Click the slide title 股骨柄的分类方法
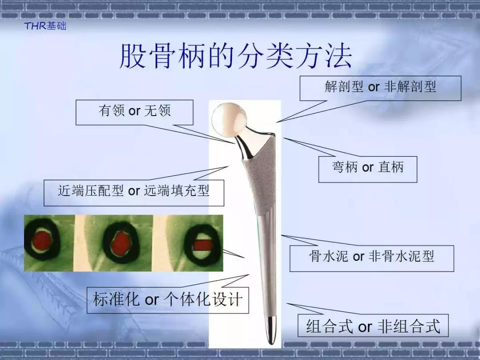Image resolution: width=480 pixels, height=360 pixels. coord(236,56)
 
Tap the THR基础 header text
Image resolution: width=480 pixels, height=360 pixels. coord(45,26)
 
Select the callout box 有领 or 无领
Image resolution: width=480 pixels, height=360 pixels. coord(134,112)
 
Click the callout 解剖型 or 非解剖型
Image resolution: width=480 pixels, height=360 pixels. coord(380,88)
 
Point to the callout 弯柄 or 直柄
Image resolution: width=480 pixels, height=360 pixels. coord(368,169)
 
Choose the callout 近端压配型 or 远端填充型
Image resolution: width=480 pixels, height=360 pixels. coord(134,192)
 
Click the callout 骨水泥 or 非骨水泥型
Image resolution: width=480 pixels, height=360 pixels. coord(372,258)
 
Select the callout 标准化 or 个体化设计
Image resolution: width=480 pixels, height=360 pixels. coord(168,300)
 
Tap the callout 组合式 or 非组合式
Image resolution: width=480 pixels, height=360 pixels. coord(373,325)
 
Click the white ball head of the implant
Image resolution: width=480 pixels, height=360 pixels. coord(229,120)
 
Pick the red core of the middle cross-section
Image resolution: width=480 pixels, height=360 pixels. coord(120,243)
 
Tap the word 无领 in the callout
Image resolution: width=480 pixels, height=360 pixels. coord(157,111)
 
